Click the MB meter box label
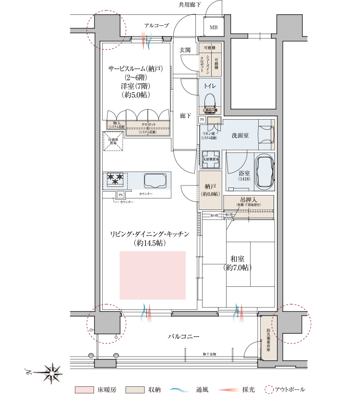pos(213,27)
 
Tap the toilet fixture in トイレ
pos(209,100)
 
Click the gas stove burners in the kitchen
pos(115,180)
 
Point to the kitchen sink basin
pos(155,181)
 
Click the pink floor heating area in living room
pos(153,275)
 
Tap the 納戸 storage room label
pos(210,187)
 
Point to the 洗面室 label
pos(240,135)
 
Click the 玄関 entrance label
pos(185,50)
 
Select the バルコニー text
pos(183,337)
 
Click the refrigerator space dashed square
pos(113,142)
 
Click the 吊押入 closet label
pos(247,200)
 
